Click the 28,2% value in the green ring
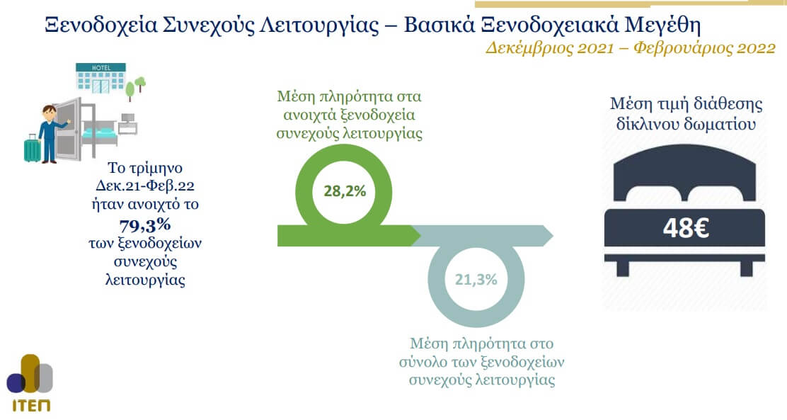click(345, 191)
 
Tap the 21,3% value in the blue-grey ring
click(476, 279)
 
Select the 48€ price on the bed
click(686, 228)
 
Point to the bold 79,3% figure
click(145, 225)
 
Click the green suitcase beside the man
click(32, 149)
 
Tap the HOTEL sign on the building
click(101, 67)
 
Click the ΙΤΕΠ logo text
click(30, 405)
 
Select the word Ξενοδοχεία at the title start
click(101, 25)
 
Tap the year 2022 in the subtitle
click(756, 48)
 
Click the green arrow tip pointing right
click(420, 236)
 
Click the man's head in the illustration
click(50, 113)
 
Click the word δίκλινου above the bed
click(648, 123)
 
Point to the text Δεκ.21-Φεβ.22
click(145, 186)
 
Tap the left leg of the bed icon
click(622, 268)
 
